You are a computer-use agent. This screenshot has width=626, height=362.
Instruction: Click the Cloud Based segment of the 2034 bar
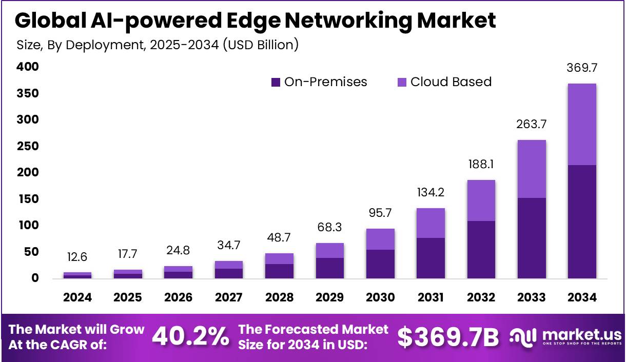coord(582,124)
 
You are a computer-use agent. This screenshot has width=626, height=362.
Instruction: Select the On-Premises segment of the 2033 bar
coord(532,238)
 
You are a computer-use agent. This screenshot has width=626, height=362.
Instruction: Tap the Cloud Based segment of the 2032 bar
coord(481,200)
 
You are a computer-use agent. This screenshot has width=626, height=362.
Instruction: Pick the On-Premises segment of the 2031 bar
coord(431,258)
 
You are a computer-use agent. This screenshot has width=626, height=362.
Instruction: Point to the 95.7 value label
coord(380,212)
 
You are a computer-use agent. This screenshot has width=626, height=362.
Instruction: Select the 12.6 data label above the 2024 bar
coord(77,256)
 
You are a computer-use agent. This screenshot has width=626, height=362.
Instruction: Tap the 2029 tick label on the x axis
coord(329,297)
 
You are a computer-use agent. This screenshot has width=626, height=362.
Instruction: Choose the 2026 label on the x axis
coord(178,297)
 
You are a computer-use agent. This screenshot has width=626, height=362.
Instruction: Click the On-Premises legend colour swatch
coord(276,82)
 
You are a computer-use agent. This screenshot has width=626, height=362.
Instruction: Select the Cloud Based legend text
coord(451,82)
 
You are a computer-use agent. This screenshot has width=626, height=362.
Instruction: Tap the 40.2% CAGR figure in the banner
coord(191,337)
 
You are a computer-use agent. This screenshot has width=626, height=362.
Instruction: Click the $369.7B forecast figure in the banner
coord(448,337)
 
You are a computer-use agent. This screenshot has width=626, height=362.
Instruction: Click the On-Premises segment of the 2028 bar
coord(279,271)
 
